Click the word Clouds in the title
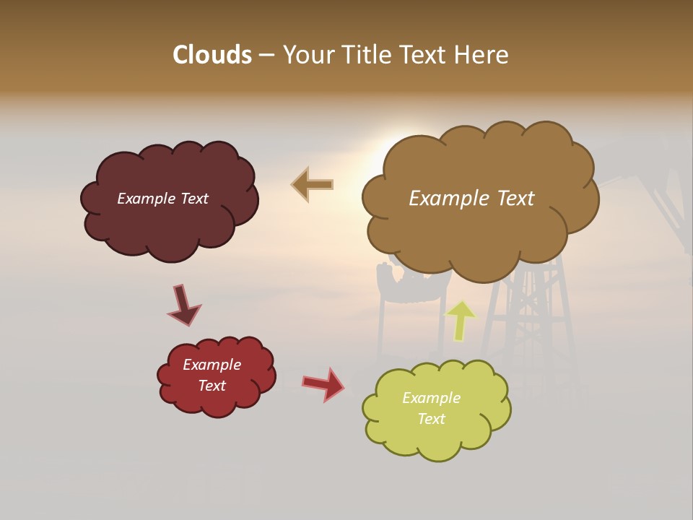coord(212,55)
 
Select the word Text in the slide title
coord(427,55)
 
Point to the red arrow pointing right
coord(323,383)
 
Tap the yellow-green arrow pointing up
coord(461,321)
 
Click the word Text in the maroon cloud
coord(193,199)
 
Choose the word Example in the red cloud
coord(212,365)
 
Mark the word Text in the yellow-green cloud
coord(431,419)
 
